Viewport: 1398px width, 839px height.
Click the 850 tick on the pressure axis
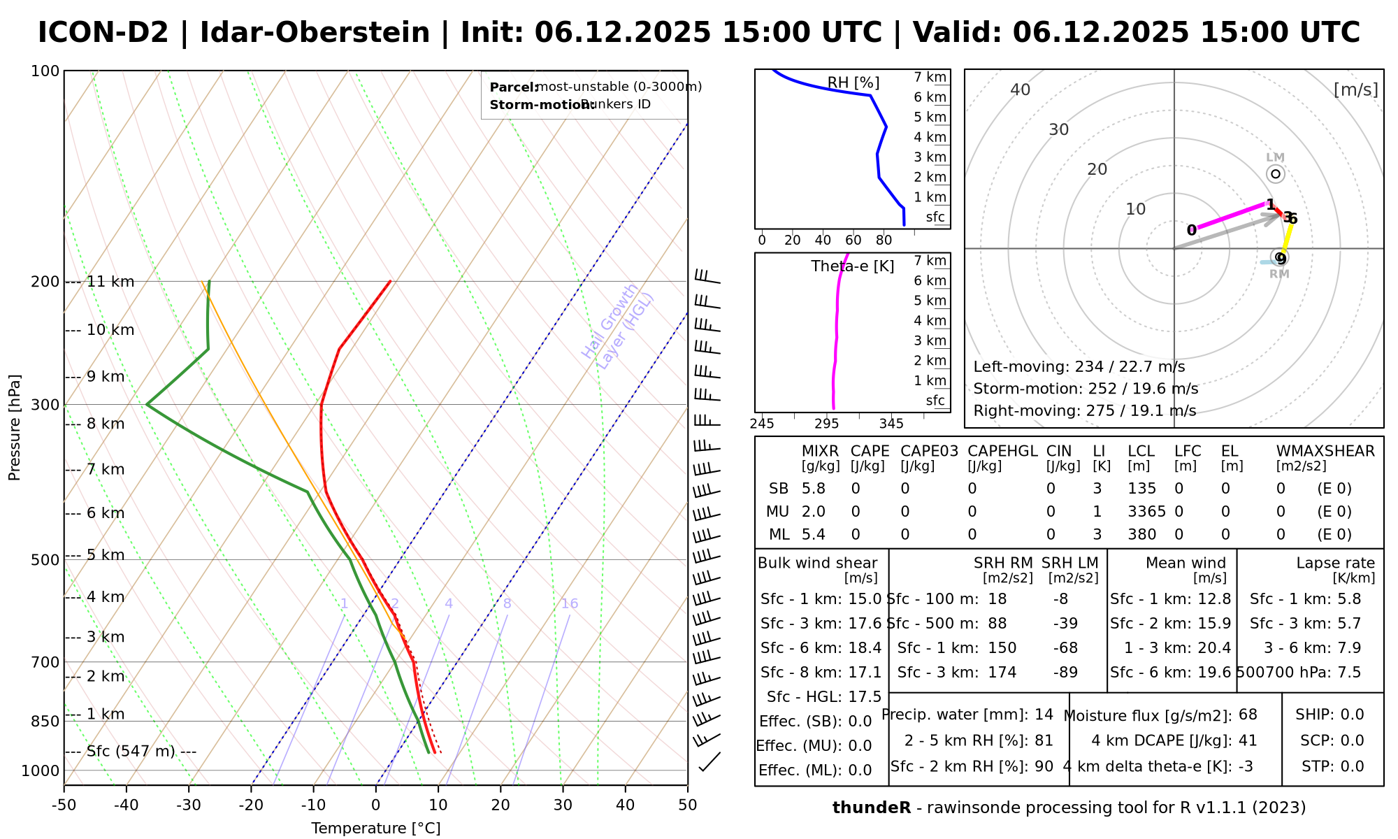pos(46,721)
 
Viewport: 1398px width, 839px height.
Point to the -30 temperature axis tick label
pos(189,805)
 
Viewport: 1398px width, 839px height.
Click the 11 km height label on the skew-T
pos(110,282)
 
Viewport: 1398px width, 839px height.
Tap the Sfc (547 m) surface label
pos(131,752)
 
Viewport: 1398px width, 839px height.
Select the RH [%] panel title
pos(853,83)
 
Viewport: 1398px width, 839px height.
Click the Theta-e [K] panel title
pos(852,266)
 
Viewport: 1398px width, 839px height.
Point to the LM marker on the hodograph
pos(1276,173)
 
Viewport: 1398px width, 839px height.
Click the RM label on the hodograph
pos(1279,274)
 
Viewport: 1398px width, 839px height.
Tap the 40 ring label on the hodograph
pos(1021,89)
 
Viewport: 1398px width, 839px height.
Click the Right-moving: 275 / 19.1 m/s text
pos(1084,410)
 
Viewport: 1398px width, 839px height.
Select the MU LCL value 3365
pos(1146,512)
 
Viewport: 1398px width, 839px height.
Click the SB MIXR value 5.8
pos(814,489)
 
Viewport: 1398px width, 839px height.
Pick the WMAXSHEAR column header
pos(1325,451)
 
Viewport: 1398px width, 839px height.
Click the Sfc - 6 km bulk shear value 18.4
pos(865,647)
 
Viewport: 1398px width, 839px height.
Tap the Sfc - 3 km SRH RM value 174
pos(1002,673)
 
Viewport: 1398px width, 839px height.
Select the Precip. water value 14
pos(1044,715)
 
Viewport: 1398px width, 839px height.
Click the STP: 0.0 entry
pos(1332,766)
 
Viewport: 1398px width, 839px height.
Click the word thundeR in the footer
pos(872,808)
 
